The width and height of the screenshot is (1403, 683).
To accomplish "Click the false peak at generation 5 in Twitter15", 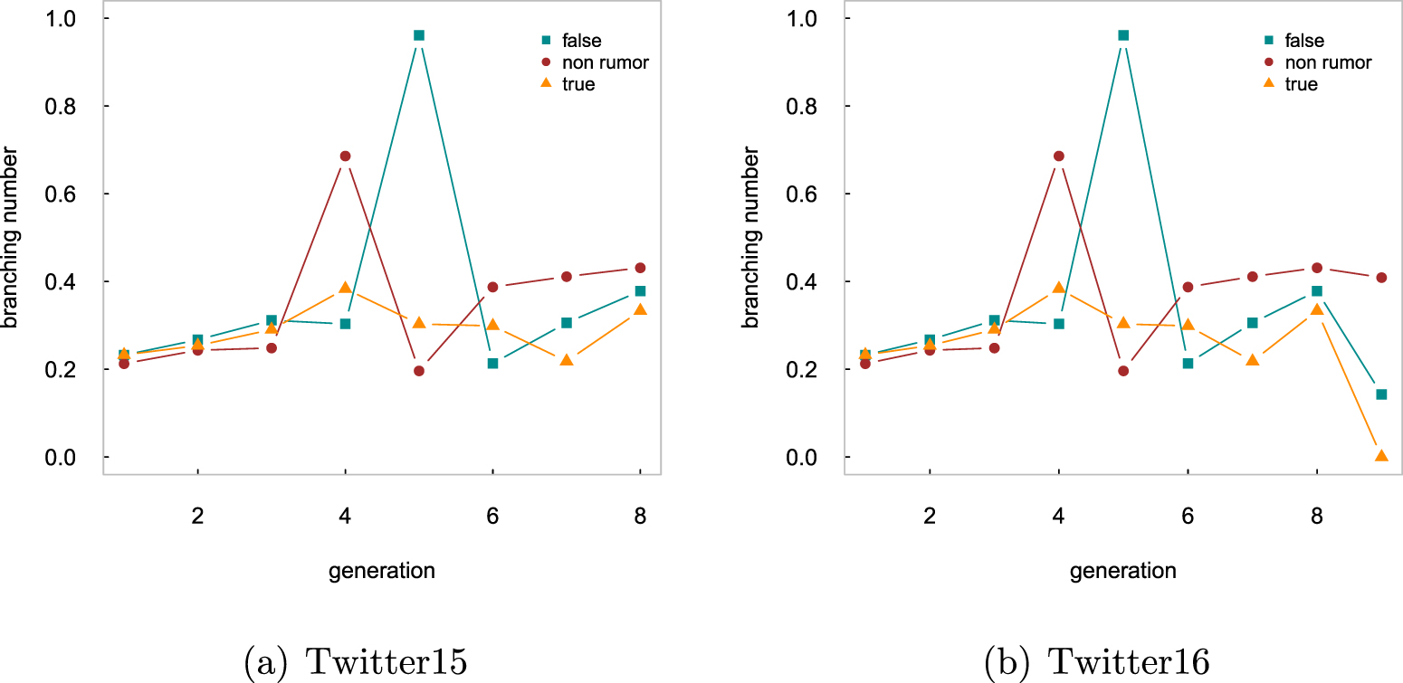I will click(x=418, y=35).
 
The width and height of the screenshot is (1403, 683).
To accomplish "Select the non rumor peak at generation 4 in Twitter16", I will click(x=1059, y=156).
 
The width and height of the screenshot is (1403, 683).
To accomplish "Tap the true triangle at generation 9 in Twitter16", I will click(x=1381, y=455).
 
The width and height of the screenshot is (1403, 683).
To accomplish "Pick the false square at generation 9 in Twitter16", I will click(x=1381, y=394).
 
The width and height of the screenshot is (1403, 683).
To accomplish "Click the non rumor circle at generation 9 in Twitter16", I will click(x=1381, y=277).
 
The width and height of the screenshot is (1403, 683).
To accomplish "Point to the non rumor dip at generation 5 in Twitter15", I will click(x=418, y=371).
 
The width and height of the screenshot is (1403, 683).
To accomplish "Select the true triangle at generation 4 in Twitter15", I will click(x=345, y=288).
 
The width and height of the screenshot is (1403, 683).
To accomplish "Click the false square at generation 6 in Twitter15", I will click(x=492, y=363).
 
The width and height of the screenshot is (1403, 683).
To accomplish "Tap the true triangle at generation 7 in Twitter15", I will click(x=567, y=360).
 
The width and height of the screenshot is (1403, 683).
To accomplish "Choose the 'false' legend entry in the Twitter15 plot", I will click(x=571, y=41).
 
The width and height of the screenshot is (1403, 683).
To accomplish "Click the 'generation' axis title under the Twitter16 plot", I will click(x=1122, y=571).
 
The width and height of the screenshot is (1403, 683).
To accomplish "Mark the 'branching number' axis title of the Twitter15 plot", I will click(x=10, y=237).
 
